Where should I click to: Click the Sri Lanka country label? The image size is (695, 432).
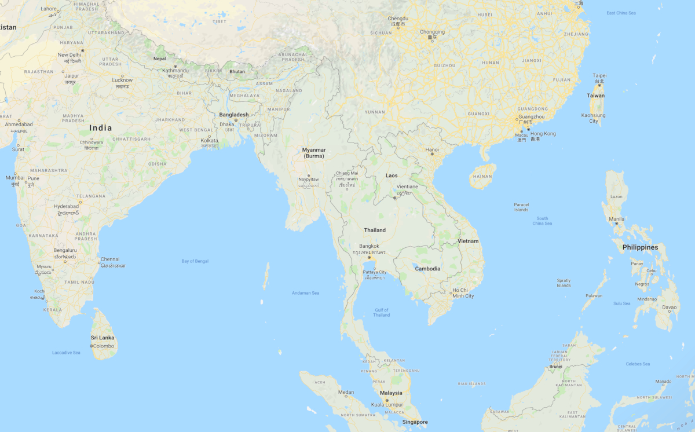(103, 338)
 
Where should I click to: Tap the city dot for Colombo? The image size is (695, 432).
(92, 346)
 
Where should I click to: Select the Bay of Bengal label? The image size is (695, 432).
(195, 261)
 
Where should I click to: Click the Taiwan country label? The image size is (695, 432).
(595, 96)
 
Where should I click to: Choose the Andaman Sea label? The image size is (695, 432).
(305, 293)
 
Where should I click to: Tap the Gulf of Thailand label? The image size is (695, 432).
(382, 313)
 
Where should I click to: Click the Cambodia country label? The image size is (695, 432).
(427, 269)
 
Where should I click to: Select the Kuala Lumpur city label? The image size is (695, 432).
(387, 404)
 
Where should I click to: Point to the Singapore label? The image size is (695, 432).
(415, 422)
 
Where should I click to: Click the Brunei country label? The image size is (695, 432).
(555, 367)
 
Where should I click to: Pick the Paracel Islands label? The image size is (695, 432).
(521, 207)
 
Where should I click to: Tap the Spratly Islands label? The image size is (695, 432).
(564, 283)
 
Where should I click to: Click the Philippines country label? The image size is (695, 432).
(640, 247)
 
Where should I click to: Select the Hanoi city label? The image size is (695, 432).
(432, 149)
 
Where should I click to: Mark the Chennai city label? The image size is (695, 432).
(110, 259)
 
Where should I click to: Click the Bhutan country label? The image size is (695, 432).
(237, 72)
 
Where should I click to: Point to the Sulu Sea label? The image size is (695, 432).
(622, 303)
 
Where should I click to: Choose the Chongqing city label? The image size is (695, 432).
(432, 32)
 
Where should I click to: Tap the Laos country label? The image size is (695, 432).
(392, 175)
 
